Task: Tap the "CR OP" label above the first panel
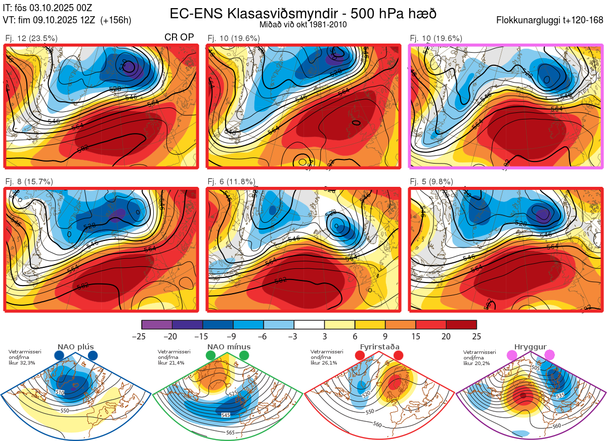pos(179,37)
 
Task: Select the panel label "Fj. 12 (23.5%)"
pos(31,38)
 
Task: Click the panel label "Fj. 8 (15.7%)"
pos(29,181)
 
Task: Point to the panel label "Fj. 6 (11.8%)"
pos(232,181)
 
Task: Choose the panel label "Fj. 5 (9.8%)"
pos(431,181)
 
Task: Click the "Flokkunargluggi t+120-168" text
pos(550,21)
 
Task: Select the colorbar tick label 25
pos(476,336)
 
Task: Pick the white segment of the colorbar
pos(309,325)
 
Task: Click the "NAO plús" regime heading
pos(75,347)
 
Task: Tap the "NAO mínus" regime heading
pos(229,347)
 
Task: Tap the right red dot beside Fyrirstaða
pos(398,356)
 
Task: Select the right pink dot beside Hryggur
pos(549,356)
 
